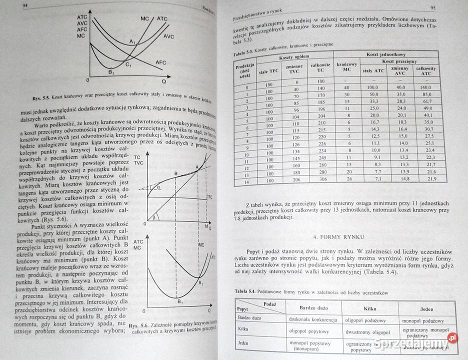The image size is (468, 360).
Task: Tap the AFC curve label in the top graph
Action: tap(161, 62)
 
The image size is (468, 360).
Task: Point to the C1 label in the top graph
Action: tap(128, 65)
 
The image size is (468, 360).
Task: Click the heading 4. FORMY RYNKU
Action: tap(342, 236)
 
